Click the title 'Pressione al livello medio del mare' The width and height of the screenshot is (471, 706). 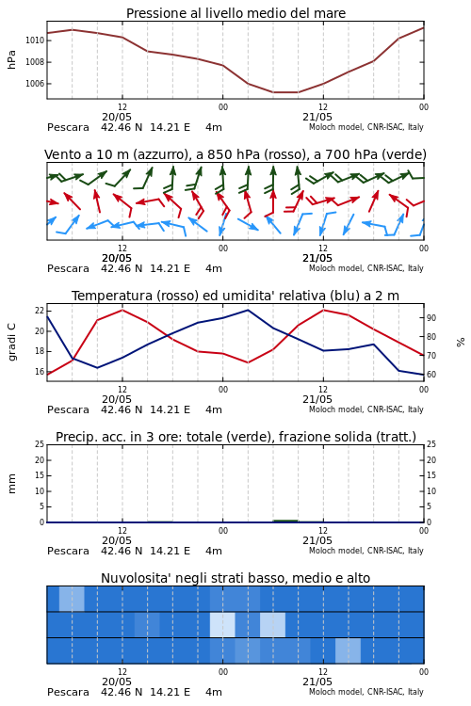point(235,13)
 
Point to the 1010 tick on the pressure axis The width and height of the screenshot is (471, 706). point(35,40)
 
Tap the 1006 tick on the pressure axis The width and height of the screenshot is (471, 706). point(35,84)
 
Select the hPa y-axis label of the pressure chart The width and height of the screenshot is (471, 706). point(11,59)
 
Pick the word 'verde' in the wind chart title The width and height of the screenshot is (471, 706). point(402,154)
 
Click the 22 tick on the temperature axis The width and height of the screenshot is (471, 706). point(40,311)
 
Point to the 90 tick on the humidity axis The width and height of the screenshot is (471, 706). point(431,318)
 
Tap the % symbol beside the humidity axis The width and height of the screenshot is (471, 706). point(461,343)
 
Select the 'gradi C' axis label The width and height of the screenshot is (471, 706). point(12,342)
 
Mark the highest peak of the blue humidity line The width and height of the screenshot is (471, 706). point(248,310)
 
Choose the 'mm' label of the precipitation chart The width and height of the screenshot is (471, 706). point(11,483)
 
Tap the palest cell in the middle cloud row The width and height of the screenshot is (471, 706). point(222,624)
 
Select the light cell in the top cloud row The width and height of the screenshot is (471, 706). point(72,599)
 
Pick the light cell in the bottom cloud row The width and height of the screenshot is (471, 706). point(348,650)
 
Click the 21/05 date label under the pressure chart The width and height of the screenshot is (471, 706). point(317,117)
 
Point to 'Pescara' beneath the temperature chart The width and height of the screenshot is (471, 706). point(68,409)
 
